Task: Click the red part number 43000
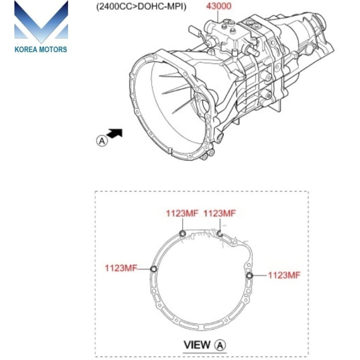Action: (x=220, y=7)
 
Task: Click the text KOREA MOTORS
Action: (x=41, y=49)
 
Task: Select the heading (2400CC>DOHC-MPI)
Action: (x=141, y=7)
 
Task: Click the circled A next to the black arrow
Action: (x=102, y=140)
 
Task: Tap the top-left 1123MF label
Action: (x=182, y=214)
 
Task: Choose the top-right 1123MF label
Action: (x=220, y=214)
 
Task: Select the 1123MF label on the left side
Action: (x=121, y=268)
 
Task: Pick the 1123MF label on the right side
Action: (x=283, y=275)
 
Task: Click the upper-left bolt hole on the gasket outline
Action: (x=182, y=233)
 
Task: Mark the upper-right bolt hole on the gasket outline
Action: (x=219, y=233)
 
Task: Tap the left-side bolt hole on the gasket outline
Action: (x=153, y=269)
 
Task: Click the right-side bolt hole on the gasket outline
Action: (x=249, y=275)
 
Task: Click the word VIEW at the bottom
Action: (x=197, y=345)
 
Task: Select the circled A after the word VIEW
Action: (x=220, y=345)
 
